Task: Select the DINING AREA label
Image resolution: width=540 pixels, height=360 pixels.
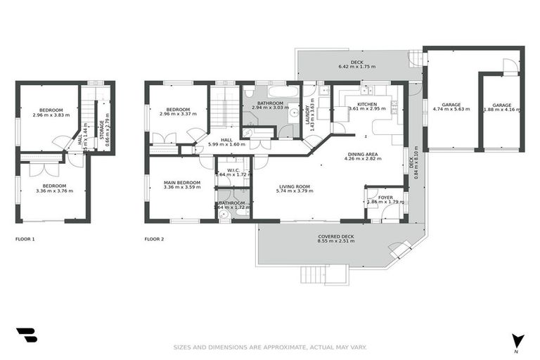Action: (362, 154)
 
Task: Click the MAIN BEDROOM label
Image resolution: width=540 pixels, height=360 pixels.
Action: (181, 182)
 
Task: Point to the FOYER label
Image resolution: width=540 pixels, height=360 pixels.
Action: (385, 198)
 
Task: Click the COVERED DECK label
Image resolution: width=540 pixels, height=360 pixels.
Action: (336, 236)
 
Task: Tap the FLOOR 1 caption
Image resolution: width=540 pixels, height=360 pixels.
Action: (25, 239)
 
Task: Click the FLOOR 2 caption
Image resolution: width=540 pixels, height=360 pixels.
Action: (154, 239)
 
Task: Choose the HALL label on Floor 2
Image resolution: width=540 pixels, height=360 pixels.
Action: (226, 140)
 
